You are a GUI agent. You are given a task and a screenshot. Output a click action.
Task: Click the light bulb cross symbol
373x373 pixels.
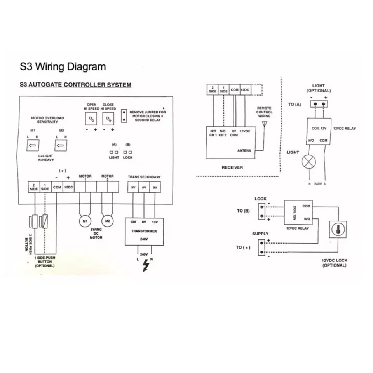[x=310, y=162]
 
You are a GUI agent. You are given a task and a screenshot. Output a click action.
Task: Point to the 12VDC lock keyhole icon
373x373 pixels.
[x=338, y=230]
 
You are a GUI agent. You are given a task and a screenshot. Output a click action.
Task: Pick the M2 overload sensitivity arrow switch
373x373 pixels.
[x=59, y=146]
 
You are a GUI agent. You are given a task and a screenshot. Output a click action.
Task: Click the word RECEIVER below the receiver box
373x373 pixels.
[x=232, y=167]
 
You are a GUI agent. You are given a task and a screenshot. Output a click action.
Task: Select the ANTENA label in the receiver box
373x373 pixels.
[x=244, y=151]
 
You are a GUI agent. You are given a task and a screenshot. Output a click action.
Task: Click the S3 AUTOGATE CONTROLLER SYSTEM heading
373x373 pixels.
[x=75, y=85]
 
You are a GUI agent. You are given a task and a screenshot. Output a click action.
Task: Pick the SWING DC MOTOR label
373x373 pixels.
[x=96, y=234]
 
